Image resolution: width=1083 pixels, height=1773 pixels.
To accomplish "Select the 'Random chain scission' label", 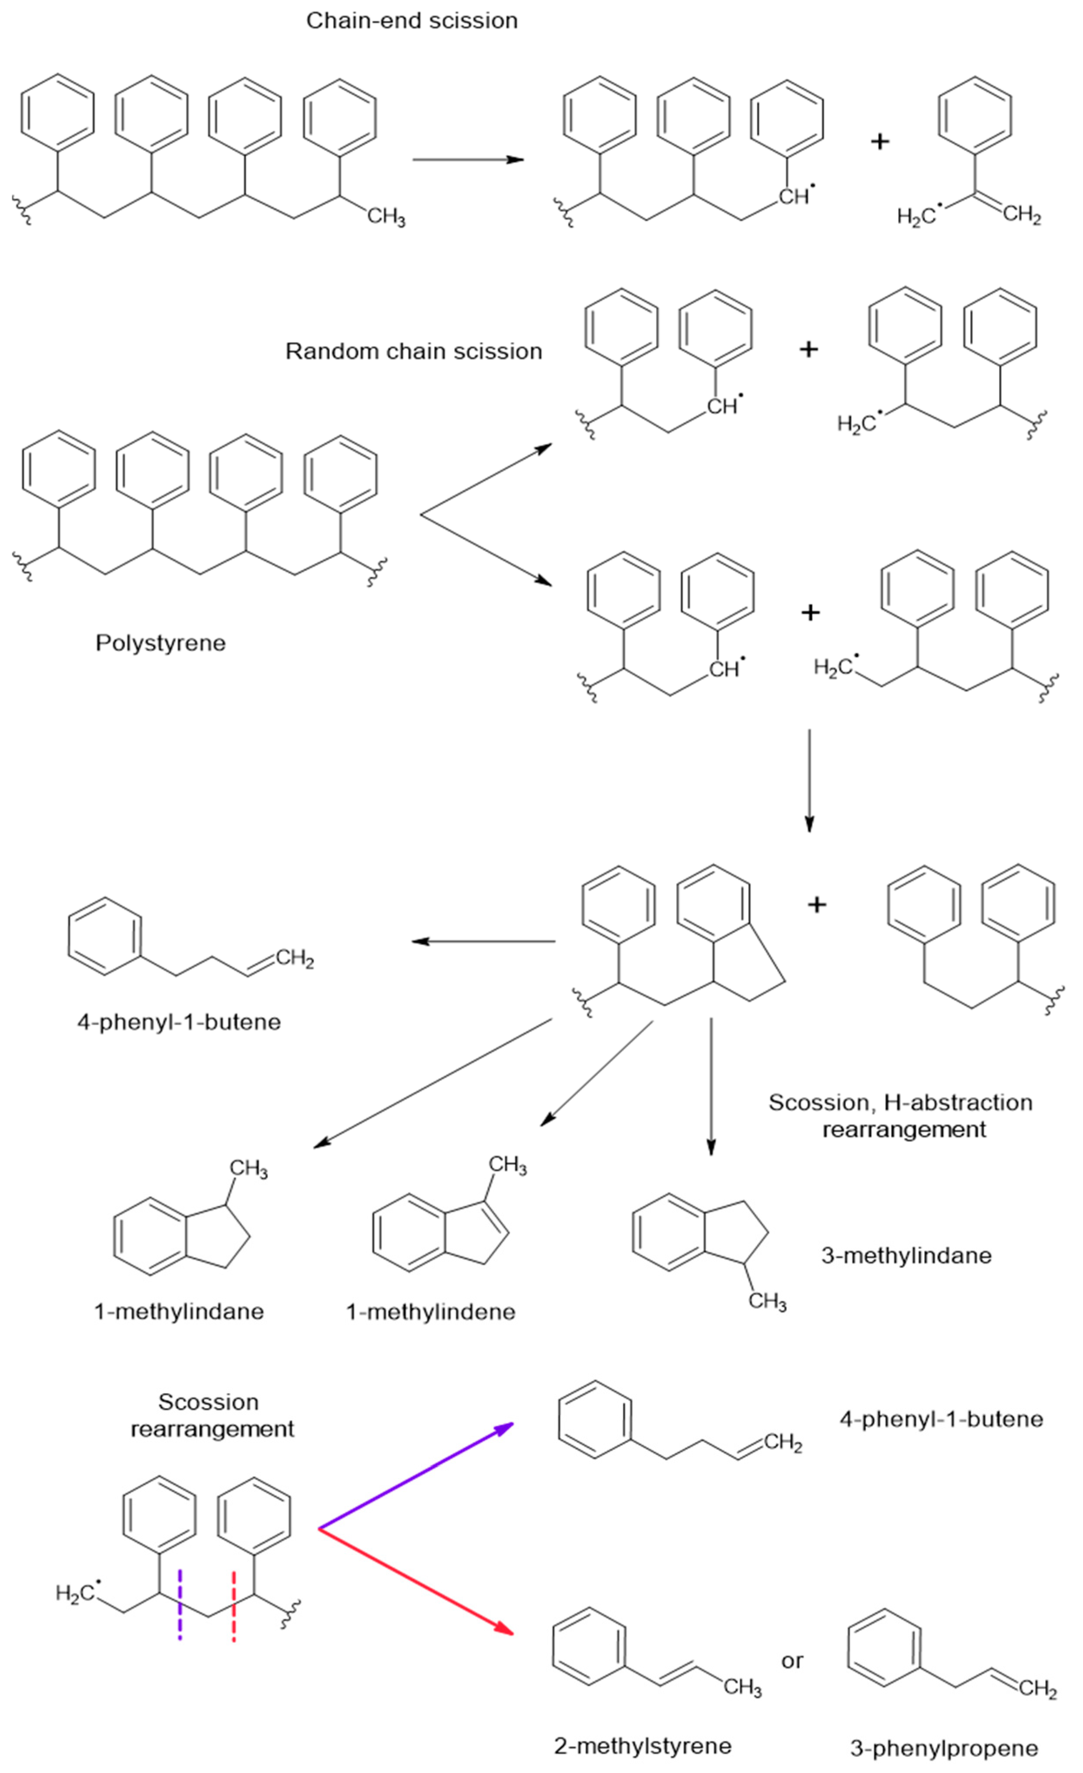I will (414, 351).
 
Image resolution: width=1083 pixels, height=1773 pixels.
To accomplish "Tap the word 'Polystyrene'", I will (161, 642).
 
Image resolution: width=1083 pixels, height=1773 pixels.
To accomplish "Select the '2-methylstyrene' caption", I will (643, 1745).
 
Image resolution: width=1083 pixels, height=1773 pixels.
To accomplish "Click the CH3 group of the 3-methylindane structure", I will (767, 1302).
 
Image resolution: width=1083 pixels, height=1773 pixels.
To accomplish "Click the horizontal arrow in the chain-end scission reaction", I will (468, 159).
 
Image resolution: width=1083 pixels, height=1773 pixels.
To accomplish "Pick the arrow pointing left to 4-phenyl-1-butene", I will (483, 941).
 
